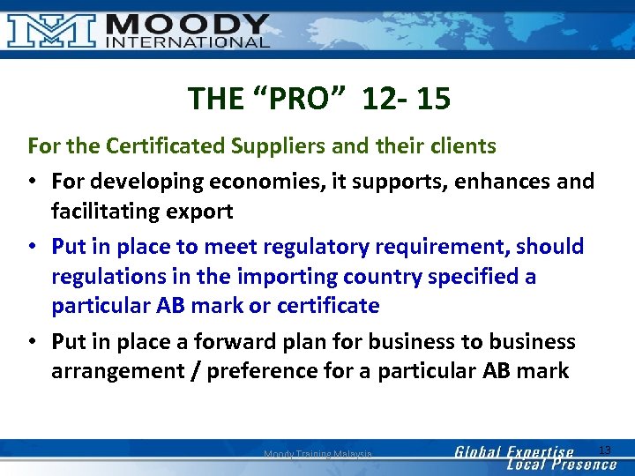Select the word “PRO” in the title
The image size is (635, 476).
click(295, 98)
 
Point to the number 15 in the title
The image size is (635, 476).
click(433, 98)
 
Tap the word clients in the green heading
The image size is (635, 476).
click(459, 145)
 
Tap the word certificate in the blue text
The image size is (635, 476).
click(325, 306)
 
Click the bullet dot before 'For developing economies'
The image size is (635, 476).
click(33, 182)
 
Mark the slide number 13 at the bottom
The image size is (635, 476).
click(604, 450)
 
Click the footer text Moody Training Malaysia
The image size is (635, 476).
click(317, 454)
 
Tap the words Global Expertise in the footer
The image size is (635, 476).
click(513, 451)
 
